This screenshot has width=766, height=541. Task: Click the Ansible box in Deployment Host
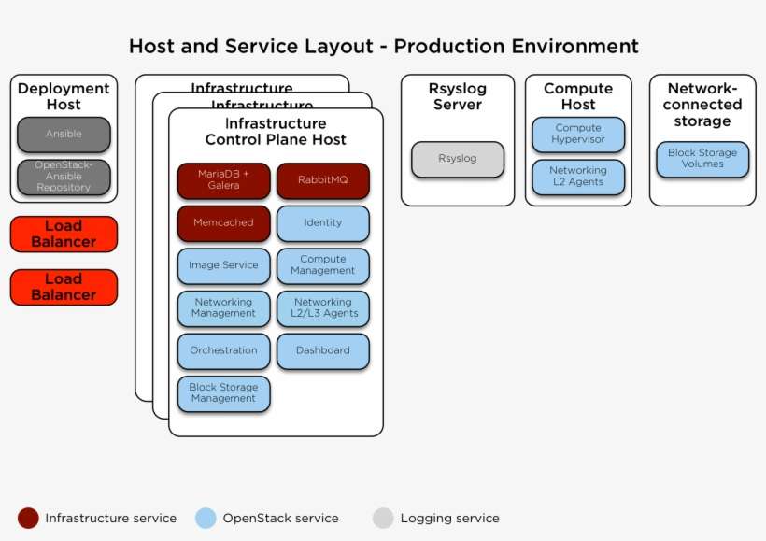pyautogui.click(x=64, y=135)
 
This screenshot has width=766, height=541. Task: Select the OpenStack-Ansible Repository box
pyautogui.click(x=64, y=177)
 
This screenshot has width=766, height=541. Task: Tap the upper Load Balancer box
pyautogui.click(x=64, y=234)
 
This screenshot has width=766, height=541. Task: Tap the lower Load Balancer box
pyautogui.click(x=64, y=287)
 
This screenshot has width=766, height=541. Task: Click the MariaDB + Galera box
pyautogui.click(x=223, y=180)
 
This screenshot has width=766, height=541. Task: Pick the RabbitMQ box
pyautogui.click(x=322, y=180)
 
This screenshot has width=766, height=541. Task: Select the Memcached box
pyautogui.click(x=223, y=223)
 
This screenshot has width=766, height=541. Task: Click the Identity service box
pyautogui.click(x=322, y=223)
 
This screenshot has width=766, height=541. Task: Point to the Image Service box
pyautogui.click(x=223, y=265)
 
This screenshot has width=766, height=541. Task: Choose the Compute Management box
pyautogui.click(x=322, y=265)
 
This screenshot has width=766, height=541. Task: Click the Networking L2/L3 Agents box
pyautogui.click(x=322, y=308)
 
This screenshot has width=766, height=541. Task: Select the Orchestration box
pyautogui.click(x=223, y=350)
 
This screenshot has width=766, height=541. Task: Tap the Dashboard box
pyautogui.click(x=322, y=350)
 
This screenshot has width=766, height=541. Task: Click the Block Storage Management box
pyautogui.click(x=223, y=393)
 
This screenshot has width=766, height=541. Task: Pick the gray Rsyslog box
pyautogui.click(x=457, y=159)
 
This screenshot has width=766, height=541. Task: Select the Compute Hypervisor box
pyautogui.click(x=578, y=135)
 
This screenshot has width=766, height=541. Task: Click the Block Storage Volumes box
pyautogui.click(x=702, y=159)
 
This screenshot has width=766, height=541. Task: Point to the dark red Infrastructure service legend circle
pyautogui.click(x=28, y=518)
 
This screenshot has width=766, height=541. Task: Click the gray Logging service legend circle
pyautogui.click(x=383, y=518)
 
